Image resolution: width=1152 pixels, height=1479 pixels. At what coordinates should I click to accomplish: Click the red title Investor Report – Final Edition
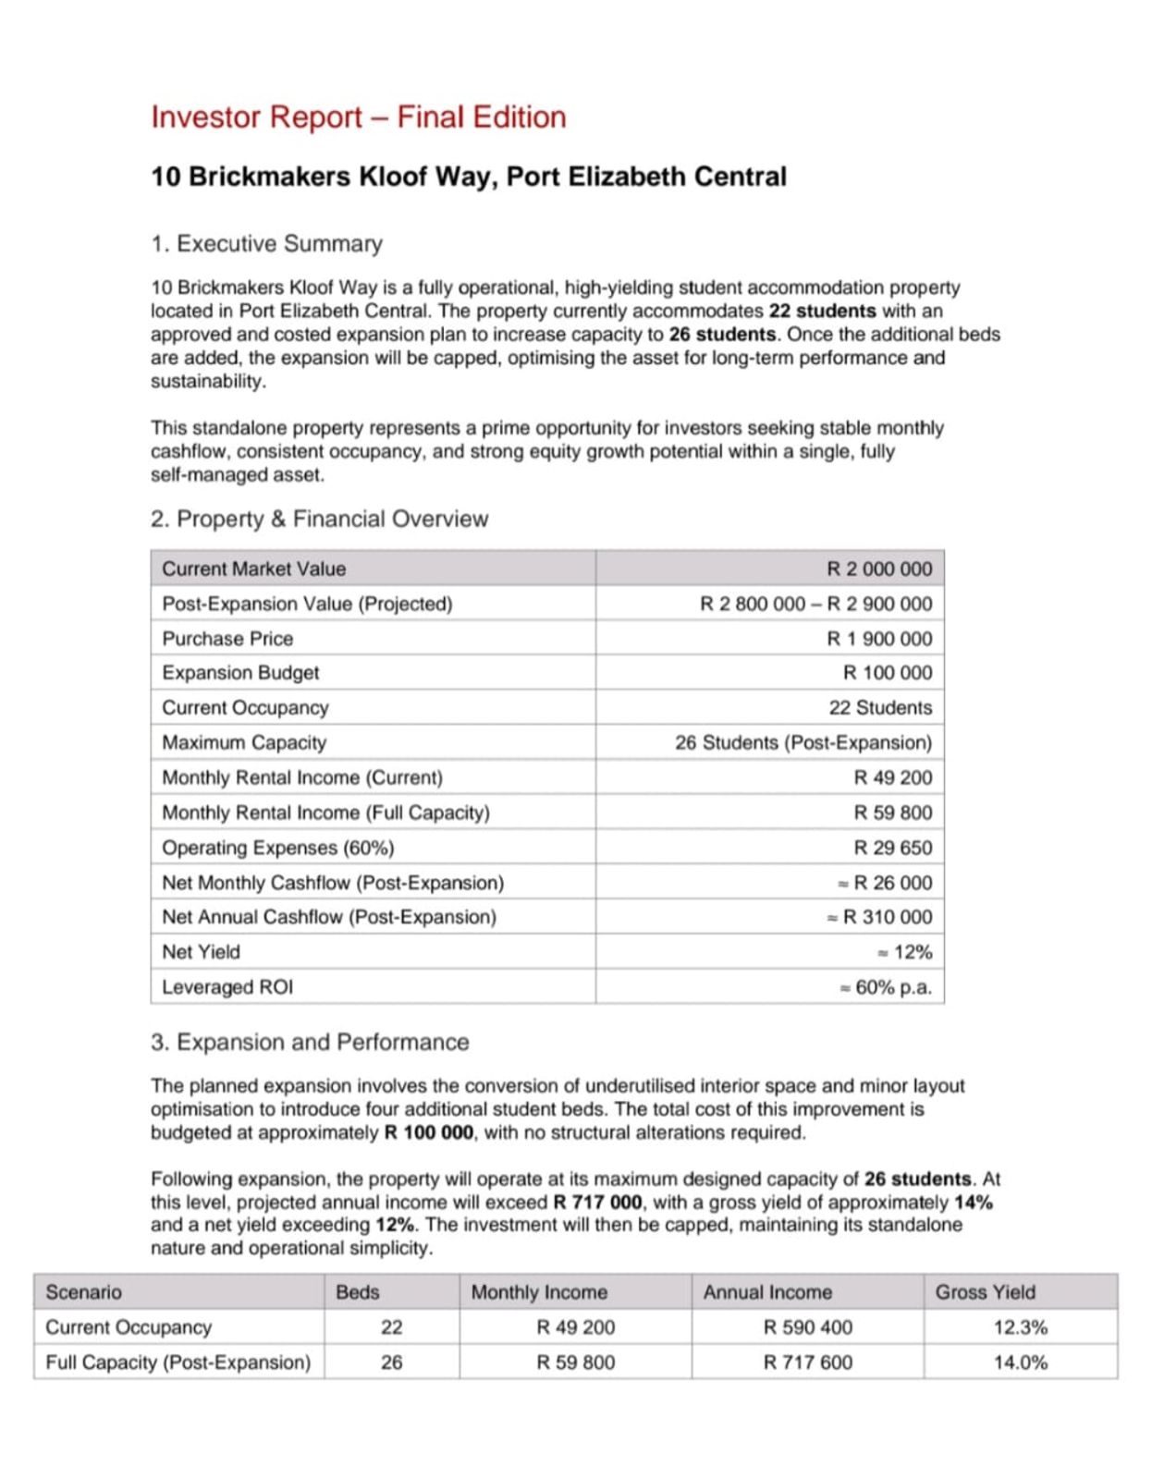[358, 117]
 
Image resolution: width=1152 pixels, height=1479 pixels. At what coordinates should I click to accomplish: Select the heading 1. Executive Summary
[266, 244]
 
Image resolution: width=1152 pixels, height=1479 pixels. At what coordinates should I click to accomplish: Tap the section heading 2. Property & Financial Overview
[319, 519]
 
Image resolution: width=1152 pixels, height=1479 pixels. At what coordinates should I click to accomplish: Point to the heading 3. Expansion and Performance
[310, 1042]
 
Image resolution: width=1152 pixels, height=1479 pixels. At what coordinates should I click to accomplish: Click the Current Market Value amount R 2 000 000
[879, 569]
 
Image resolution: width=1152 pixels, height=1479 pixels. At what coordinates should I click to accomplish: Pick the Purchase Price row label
[227, 639]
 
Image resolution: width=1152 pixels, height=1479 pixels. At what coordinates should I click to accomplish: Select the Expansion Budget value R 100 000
[888, 673]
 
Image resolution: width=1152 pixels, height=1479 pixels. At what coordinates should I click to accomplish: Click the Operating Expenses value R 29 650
[893, 848]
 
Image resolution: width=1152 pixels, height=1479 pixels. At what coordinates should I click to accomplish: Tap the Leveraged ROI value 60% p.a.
[893, 987]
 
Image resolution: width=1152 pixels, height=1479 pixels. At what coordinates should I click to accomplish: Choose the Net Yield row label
[201, 952]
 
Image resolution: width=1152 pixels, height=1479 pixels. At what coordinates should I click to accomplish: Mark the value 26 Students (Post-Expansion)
[803, 743]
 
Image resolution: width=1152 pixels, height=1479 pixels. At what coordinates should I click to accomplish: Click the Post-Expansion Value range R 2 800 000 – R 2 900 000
[816, 605]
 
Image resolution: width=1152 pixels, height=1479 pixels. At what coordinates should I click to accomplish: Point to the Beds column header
[358, 1292]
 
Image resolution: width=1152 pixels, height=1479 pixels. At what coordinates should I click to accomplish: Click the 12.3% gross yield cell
[1021, 1327]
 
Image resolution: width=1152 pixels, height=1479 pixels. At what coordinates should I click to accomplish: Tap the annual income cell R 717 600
[808, 1363]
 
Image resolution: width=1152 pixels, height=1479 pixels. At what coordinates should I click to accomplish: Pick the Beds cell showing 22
[392, 1327]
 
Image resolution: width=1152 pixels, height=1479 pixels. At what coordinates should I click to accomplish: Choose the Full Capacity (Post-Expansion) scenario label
[178, 1363]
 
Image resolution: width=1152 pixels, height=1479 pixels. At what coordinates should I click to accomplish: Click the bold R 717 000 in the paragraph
[597, 1203]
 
